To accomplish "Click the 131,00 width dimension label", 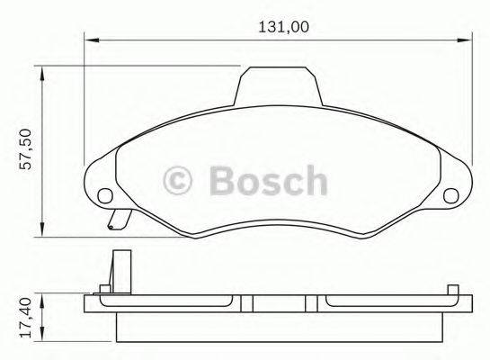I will (x=282, y=27).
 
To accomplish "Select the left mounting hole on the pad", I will (x=104, y=193).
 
